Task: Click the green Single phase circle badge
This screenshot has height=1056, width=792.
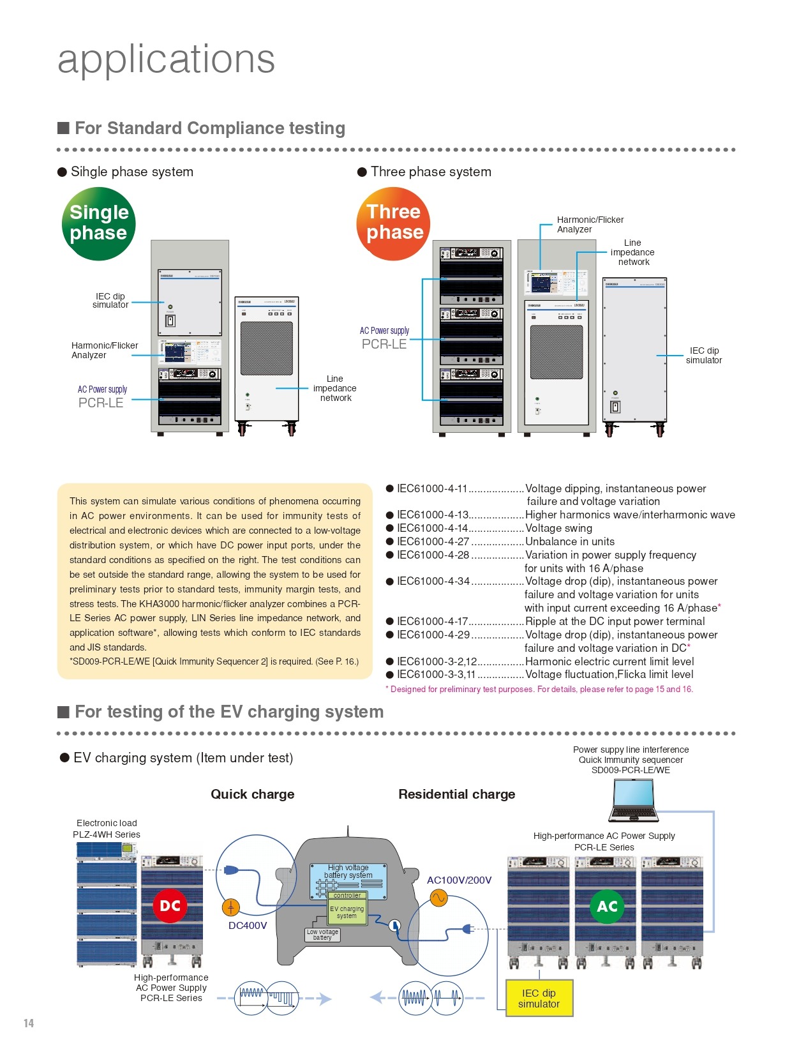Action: point(99,223)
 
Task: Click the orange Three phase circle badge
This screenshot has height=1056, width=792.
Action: point(393,223)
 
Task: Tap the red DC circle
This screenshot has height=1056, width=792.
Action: point(170,905)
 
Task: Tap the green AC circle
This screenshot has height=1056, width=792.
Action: point(607,906)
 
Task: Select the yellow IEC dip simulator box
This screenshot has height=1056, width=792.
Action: point(539,998)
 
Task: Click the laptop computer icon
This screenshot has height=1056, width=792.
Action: point(633,801)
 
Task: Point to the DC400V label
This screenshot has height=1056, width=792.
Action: point(248,925)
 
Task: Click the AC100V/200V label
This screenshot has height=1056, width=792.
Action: point(459,880)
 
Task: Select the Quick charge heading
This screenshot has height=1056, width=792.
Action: point(253,794)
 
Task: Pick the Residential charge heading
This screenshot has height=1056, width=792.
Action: point(456,794)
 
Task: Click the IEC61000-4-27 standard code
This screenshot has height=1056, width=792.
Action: point(433,541)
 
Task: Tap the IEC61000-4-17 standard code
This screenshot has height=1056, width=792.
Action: point(433,621)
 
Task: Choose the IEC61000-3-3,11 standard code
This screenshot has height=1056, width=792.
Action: point(436,674)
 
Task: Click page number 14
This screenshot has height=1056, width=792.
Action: point(29,1023)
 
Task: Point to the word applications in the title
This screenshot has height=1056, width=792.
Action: point(166,59)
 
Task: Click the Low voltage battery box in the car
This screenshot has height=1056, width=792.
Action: point(322,935)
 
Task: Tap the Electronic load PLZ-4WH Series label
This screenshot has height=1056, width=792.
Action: point(107,829)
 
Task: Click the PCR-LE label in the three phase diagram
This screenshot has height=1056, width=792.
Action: point(384,344)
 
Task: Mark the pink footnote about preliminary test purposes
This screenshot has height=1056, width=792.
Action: point(539,690)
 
